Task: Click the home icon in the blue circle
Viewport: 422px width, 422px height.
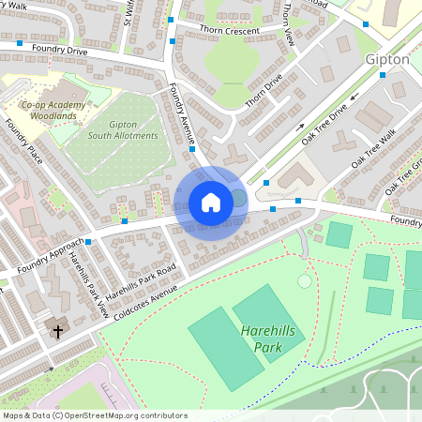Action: pos(211,202)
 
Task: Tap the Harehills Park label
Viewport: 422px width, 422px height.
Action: pos(273,339)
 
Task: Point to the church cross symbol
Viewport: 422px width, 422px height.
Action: pos(57,332)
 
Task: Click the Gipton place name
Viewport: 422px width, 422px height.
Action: pos(384,59)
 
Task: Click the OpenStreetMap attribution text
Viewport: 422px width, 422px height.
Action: pos(94,415)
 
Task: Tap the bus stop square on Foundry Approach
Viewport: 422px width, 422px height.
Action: pos(88,242)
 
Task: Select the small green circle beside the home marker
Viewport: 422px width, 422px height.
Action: pos(238,198)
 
